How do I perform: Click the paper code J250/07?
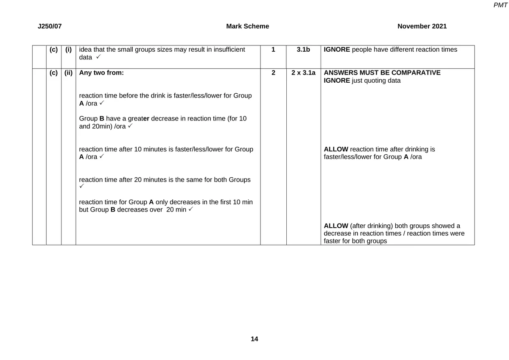[50, 26]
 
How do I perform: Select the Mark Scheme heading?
[247, 26]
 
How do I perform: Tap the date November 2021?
[422, 26]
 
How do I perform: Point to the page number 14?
[255, 339]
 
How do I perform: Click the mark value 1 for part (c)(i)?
[273, 50]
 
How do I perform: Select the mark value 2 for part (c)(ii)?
[273, 73]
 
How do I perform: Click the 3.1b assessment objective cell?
[303, 50]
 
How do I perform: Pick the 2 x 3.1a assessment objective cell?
[303, 73]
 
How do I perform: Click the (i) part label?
[68, 50]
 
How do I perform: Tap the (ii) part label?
[68, 73]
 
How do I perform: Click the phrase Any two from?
[101, 73]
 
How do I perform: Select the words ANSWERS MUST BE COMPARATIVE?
[382, 73]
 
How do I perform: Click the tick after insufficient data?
[98, 57]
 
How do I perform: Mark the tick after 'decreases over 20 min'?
[191, 209]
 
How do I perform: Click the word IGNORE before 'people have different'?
[337, 50]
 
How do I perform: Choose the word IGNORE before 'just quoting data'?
[337, 80]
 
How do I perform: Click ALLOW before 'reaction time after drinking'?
[336, 149]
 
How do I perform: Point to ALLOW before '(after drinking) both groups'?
[336, 226]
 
